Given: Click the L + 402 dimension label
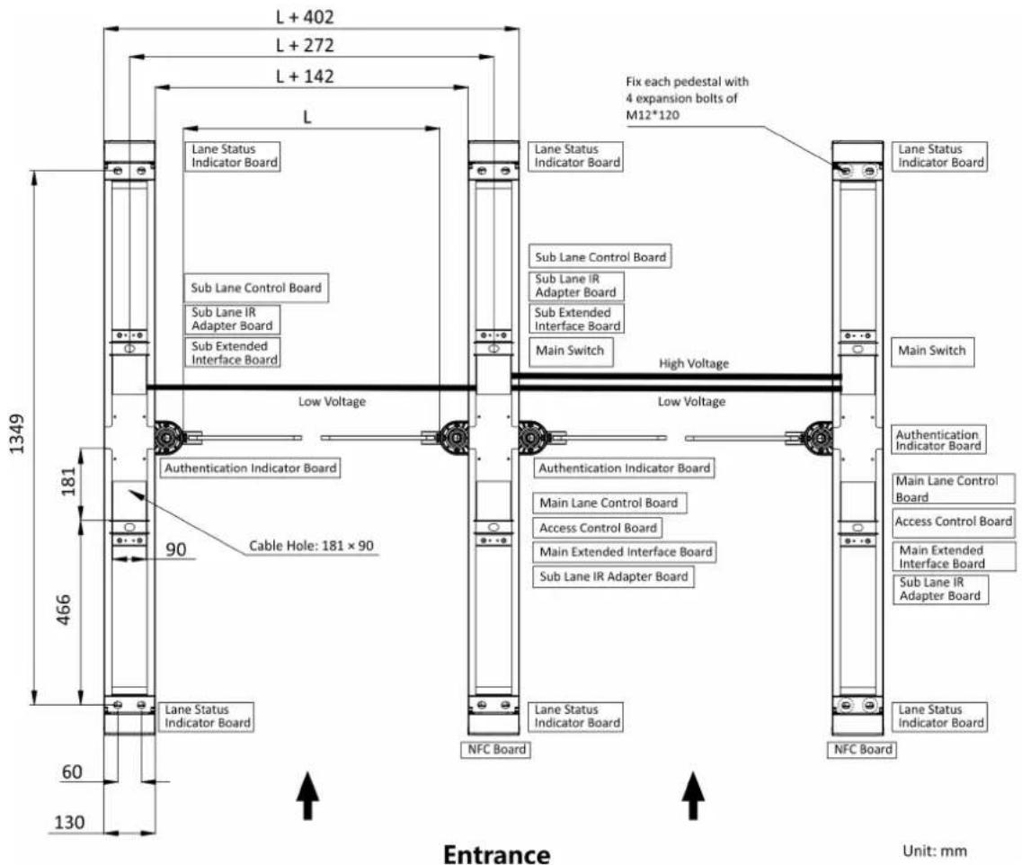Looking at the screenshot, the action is click(305, 16).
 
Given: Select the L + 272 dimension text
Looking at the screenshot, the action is click(305, 45).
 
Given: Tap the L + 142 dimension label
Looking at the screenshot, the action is click(305, 76).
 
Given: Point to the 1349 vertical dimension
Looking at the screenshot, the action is click(17, 433).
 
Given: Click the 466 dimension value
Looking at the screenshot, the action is click(63, 610).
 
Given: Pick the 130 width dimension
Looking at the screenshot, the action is click(69, 822).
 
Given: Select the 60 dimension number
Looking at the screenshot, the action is click(72, 771).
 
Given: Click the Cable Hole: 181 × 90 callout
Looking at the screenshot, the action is click(312, 546).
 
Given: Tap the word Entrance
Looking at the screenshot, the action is click(497, 854).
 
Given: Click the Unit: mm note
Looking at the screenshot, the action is click(935, 851).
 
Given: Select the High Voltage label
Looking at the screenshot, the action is click(694, 363).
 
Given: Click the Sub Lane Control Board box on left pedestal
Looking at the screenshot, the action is click(256, 288).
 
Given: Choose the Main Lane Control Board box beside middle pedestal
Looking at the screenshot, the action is click(609, 503).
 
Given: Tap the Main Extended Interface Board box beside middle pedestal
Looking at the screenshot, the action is click(626, 552).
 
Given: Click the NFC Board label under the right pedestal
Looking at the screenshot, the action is click(862, 750).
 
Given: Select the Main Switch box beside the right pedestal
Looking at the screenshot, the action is click(932, 352).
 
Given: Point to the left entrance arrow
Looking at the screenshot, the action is click(307, 795).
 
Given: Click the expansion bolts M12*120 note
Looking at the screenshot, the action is click(687, 98).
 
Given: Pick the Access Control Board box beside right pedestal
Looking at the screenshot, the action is click(954, 522).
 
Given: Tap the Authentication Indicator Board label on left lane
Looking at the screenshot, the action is click(250, 468).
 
